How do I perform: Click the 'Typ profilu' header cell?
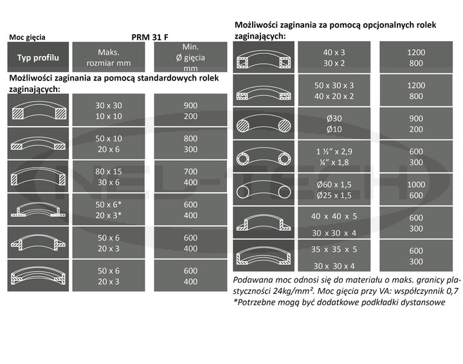(x=37, y=58)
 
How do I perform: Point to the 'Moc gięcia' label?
(x=27, y=38)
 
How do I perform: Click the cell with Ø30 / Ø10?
(x=334, y=124)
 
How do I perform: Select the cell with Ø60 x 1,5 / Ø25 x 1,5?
(x=334, y=190)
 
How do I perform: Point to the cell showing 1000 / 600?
(x=416, y=190)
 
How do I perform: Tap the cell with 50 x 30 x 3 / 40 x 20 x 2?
(x=334, y=91)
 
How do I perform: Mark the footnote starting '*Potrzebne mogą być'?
(x=339, y=302)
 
